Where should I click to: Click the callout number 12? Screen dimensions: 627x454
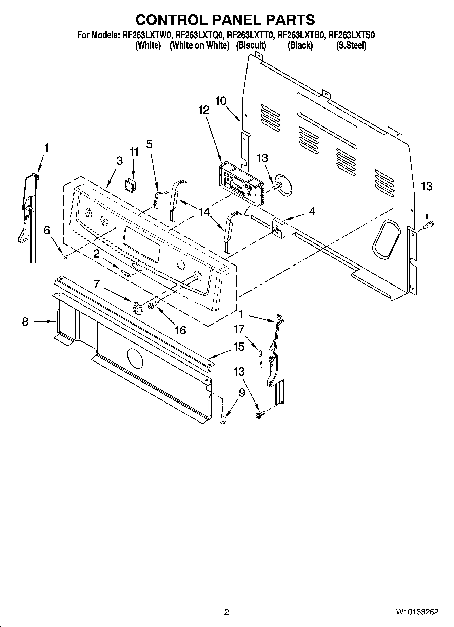pyautogui.click(x=204, y=110)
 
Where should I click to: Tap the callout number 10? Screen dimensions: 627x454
pyautogui.click(x=221, y=101)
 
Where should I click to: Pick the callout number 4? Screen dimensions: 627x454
pyautogui.click(x=312, y=211)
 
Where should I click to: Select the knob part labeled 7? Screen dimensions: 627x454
pyautogui.click(x=137, y=307)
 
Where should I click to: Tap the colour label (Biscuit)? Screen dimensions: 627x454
pyautogui.click(x=251, y=45)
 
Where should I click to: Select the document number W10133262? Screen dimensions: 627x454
pyautogui.click(x=417, y=612)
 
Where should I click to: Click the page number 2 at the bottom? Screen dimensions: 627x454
pyautogui.click(x=226, y=612)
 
